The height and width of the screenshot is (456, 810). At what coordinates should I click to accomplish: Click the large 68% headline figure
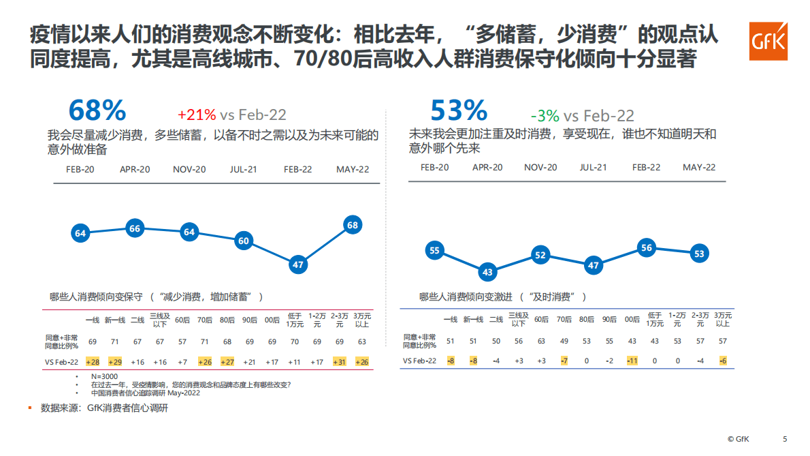[x=97, y=110]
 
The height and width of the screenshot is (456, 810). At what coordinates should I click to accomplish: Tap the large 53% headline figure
[x=459, y=110]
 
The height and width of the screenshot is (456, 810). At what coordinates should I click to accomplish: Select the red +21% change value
[x=197, y=115]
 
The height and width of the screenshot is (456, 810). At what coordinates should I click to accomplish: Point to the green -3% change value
[x=545, y=115]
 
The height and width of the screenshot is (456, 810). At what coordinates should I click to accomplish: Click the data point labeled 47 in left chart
[x=297, y=264]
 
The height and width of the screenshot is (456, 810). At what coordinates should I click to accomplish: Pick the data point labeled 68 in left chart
[x=353, y=225]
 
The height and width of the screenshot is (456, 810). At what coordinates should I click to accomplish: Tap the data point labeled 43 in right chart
[x=487, y=272]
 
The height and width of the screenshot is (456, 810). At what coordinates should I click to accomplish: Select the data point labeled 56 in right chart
[x=647, y=248]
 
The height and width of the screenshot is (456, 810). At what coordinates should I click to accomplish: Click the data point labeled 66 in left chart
[x=135, y=229]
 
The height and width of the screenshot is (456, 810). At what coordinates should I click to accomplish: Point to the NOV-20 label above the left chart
[x=189, y=169]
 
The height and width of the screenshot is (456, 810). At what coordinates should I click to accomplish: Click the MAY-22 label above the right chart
[x=699, y=167]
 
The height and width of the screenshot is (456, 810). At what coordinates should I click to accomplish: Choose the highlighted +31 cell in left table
[x=340, y=362]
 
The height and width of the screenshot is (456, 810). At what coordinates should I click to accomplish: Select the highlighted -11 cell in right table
[x=632, y=361]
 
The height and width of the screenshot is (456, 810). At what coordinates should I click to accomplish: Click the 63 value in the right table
[x=541, y=341]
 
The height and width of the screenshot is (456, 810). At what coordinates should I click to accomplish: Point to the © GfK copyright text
[x=738, y=439]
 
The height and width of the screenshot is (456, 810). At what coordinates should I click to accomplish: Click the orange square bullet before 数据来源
[x=30, y=408]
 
